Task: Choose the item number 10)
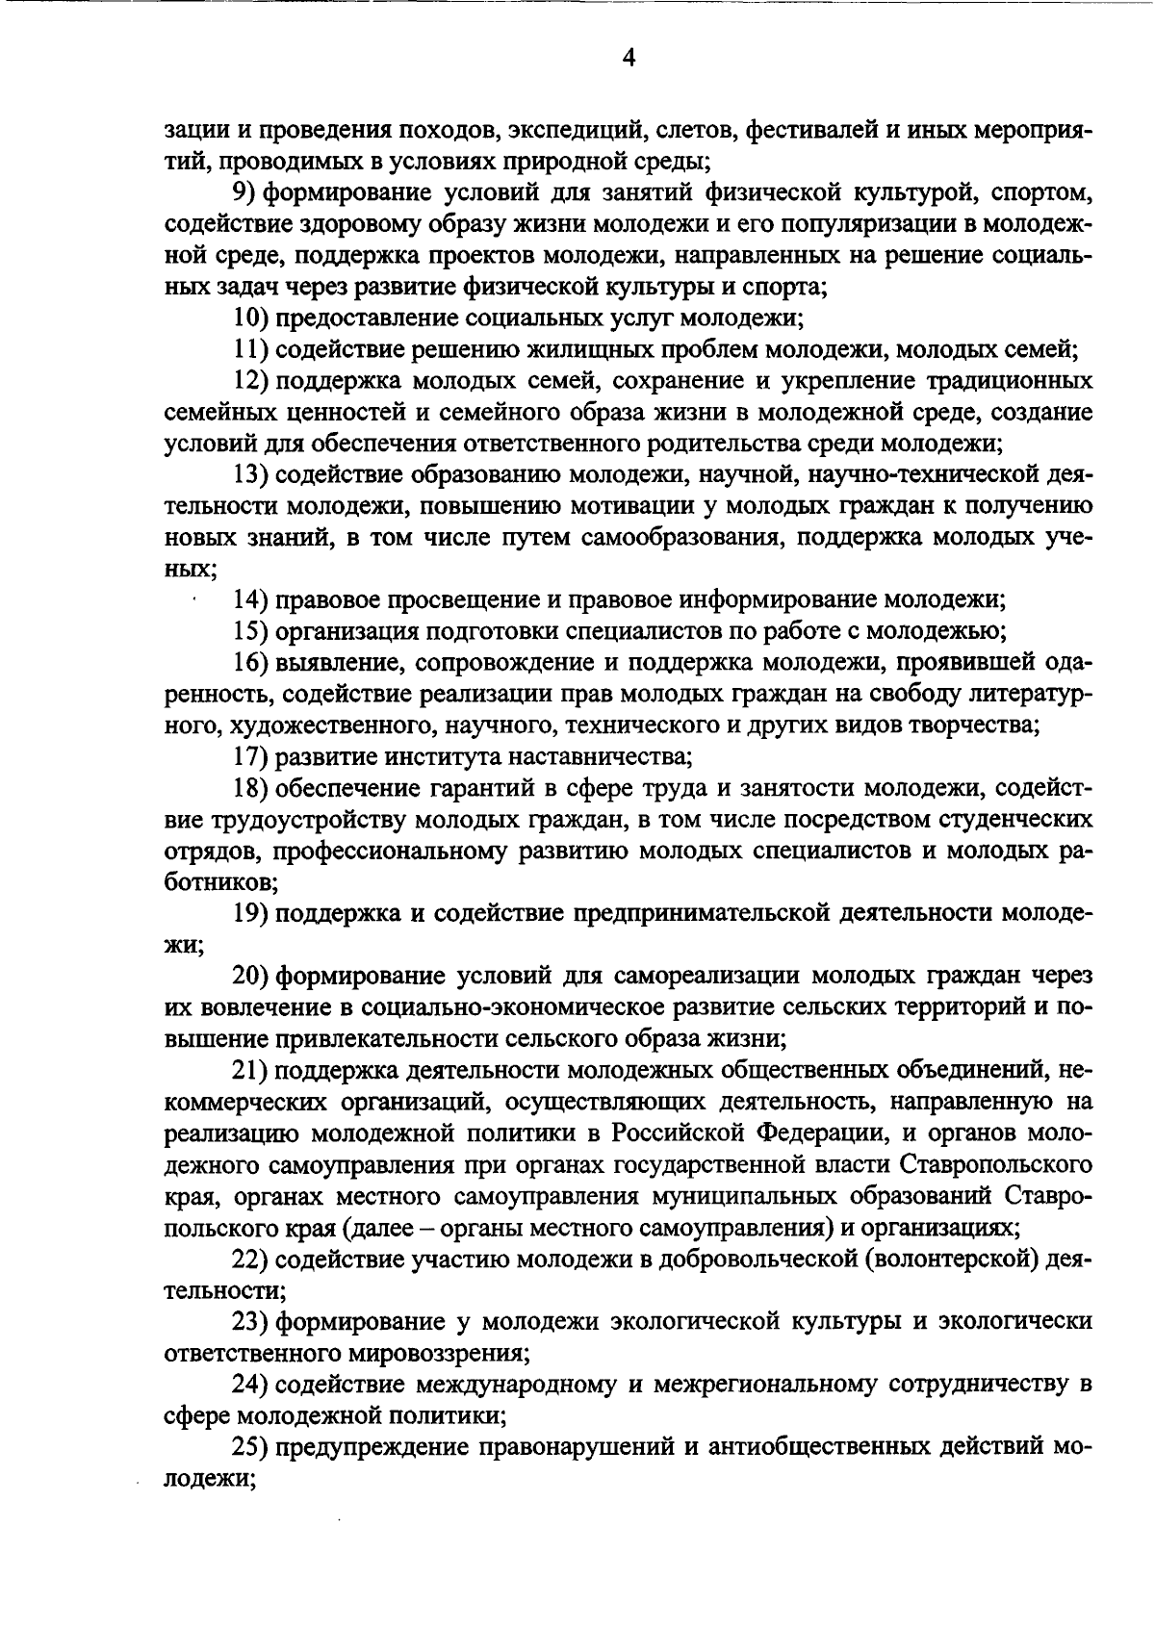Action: click(x=251, y=318)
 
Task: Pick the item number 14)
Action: click(x=251, y=600)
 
